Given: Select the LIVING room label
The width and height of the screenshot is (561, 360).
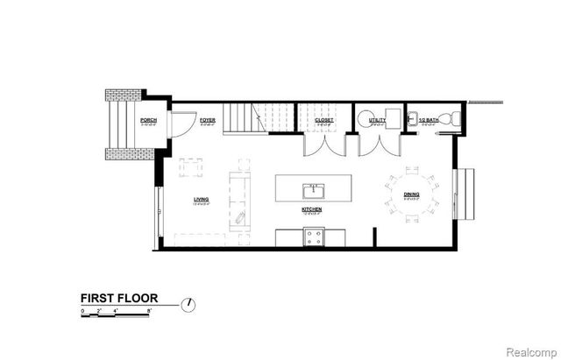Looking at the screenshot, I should point(201,200).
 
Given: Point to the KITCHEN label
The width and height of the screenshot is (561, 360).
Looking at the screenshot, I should point(311,210).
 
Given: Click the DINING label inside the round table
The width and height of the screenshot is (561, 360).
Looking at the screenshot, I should point(411,194).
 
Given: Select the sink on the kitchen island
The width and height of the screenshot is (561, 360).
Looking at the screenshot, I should point(312,190).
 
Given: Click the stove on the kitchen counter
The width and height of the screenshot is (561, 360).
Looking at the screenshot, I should point(313,236).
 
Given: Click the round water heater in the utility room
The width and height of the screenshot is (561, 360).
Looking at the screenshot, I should point(367,117).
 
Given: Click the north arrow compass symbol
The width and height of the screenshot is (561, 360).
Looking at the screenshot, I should point(188,304).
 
